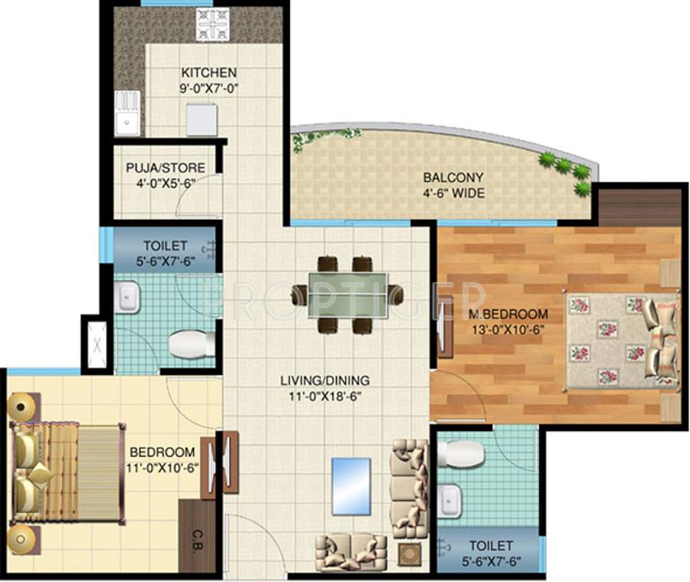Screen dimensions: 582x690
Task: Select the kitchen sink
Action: pyautogui.click(x=127, y=114)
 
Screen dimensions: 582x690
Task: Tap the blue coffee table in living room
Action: pyautogui.click(x=351, y=486)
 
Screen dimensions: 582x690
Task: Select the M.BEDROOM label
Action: pyautogui.click(x=508, y=314)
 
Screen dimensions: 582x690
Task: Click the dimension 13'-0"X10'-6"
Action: pyautogui.click(x=508, y=330)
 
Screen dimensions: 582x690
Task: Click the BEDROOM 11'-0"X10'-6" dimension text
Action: pyautogui.click(x=161, y=467)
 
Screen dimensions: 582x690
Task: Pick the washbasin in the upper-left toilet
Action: pyautogui.click(x=127, y=297)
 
